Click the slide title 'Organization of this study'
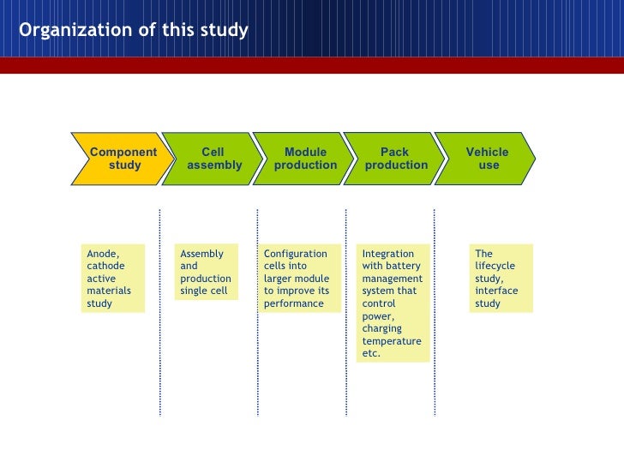click(x=134, y=31)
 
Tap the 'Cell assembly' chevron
click(x=213, y=159)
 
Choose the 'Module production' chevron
click(x=305, y=159)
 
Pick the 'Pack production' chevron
click(x=396, y=159)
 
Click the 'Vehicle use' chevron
click(x=488, y=159)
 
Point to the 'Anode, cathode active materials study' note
click(x=112, y=279)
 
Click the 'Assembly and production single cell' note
click(x=205, y=273)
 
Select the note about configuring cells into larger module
click(x=296, y=279)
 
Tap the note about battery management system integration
click(x=393, y=303)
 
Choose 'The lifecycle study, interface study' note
click(x=501, y=279)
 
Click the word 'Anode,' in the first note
click(x=103, y=254)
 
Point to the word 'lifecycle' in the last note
click(x=495, y=266)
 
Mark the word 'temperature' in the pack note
click(x=392, y=341)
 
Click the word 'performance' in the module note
click(x=294, y=303)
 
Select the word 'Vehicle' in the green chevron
click(x=487, y=153)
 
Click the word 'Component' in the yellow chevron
click(x=123, y=153)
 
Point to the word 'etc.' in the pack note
click(x=371, y=353)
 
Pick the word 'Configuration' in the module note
click(x=296, y=254)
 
